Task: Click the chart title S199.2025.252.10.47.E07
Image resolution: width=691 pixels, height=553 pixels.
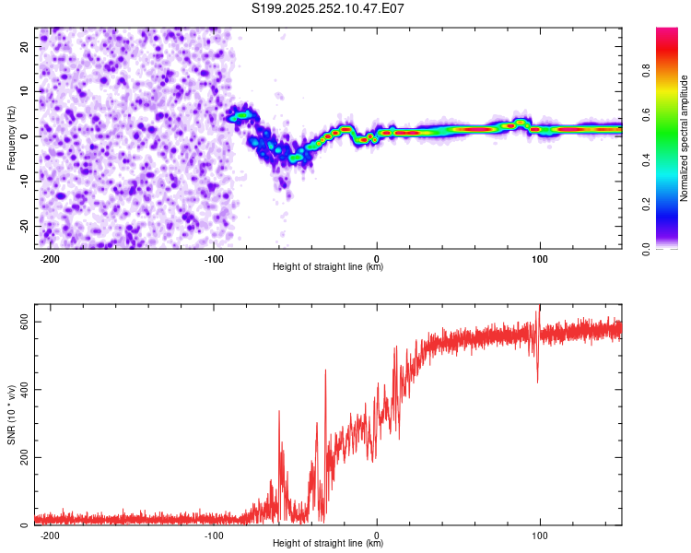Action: [x=329, y=8]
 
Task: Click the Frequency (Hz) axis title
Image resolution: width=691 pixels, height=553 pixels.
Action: [x=12, y=136]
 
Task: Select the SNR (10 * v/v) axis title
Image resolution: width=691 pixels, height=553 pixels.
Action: [x=12, y=419]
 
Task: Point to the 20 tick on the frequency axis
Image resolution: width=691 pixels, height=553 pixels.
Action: [x=25, y=46]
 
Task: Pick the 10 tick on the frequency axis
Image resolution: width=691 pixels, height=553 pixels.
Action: [x=25, y=91]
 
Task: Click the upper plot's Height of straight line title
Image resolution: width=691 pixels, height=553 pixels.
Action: [x=328, y=267]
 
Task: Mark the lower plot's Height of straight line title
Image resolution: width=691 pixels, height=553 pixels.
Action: [x=328, y=544]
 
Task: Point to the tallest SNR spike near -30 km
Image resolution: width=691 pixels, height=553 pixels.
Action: [x=325, y=371]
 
